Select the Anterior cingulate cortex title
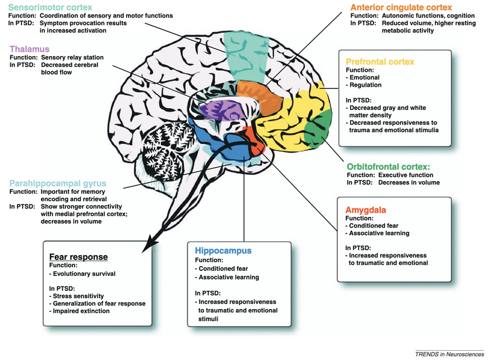click(401, 7)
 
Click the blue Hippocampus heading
click(223, 251)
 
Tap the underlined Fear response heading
click(78, 257)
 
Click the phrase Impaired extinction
click(82, 311)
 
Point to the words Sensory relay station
click(71, 57)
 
